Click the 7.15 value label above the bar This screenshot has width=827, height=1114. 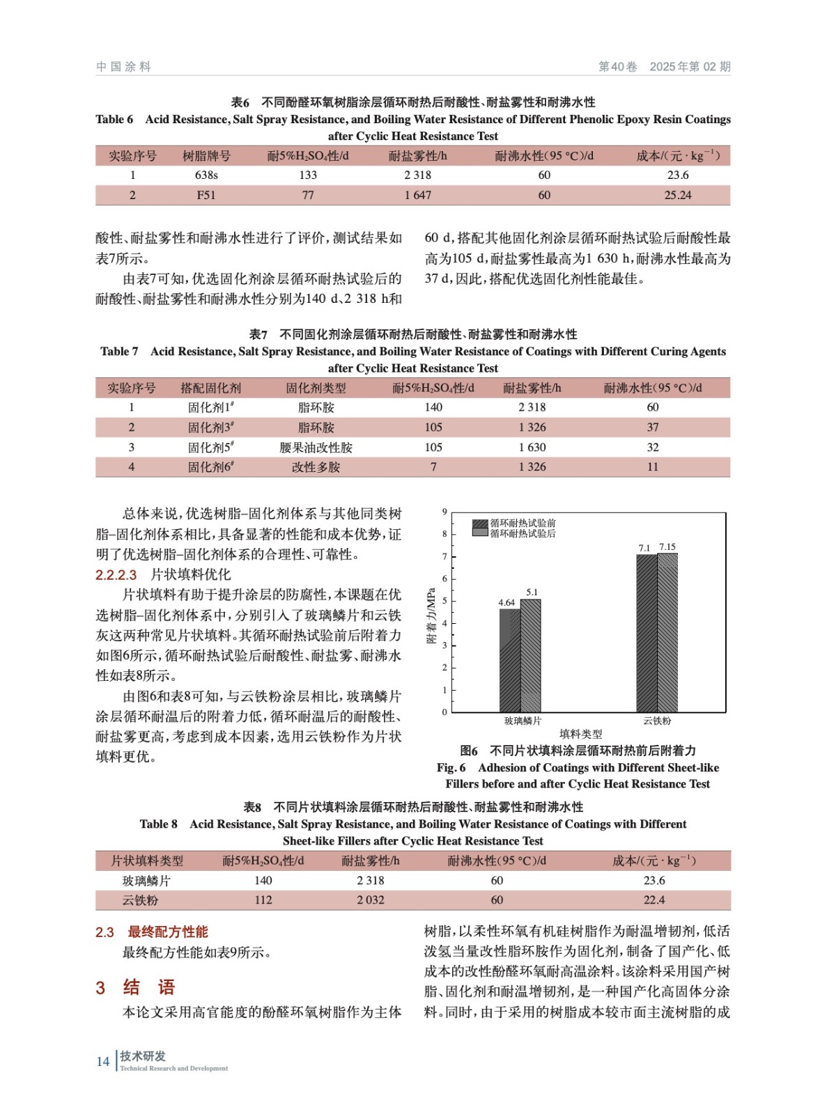[x=667, y=547]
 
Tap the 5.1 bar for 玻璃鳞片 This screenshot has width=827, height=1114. [x=531, y=655]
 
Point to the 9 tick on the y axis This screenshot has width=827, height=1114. [x=445, y=512]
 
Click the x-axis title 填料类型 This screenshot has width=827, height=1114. [x=580, y=734]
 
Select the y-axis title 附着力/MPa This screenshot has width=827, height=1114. [x=431, y=616]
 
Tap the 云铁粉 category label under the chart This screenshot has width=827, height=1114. [x=657, y=721]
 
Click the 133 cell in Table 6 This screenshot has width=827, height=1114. [x=308, y=175]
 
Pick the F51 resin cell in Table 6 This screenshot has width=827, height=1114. [x=206, y=196]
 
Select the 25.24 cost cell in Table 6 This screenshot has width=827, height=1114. [x=677, y=196]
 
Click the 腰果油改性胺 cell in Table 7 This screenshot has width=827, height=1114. [x=316, y=448]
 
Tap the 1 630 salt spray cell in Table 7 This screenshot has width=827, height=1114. [x=532, y=448]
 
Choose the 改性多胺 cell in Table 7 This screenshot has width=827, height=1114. [x=316, y=467]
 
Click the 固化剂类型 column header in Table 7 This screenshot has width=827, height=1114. [x=316, y=388]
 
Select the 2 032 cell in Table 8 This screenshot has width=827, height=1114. [x=370, y=900]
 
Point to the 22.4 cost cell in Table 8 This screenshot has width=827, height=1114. [x=654, y=900]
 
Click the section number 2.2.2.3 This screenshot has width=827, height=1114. [x=116, y=575]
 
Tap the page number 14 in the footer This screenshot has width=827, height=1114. [x=103, y=1062]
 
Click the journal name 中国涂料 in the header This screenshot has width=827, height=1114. [x=123, y=67]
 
